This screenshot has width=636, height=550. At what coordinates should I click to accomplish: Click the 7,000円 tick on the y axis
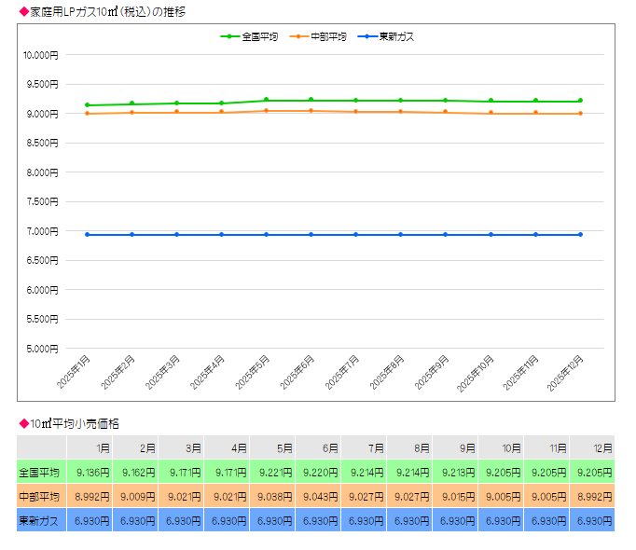pyautogui.click(x=41, y=231)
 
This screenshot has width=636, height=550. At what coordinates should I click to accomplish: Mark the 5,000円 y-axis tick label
pyautogui.click(x=41, y=349)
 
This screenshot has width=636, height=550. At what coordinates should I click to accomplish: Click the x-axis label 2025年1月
pyautogui.click(x=73, y=372)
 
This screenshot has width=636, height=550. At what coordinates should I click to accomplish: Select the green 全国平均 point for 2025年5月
pyautogui.click(x=266, y=100)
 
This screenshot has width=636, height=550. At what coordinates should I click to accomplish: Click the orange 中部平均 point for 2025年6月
pyautogui.click(x=311, y=111)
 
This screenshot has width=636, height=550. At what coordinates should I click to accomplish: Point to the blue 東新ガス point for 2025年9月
pyautogui.click(x=445, y=235)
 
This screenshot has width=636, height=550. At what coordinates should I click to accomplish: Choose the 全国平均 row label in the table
pyautogui.click(x=39, y=472)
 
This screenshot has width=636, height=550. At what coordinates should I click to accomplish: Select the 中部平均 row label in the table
pyautogui.click(x=39, y=496)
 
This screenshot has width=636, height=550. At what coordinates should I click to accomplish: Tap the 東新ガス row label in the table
pyautogui.click(x=39, y=520)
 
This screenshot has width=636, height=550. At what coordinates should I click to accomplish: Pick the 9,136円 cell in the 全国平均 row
pyautogui.click(x=92, y=472)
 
